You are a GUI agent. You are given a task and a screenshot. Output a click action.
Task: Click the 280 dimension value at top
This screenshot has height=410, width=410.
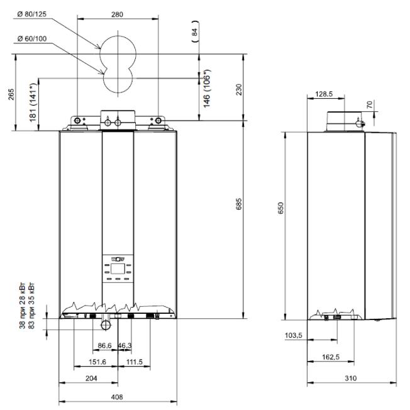click(x=117, y=14)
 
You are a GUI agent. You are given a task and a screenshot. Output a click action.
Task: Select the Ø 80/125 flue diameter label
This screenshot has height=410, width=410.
click(x=32, y=14)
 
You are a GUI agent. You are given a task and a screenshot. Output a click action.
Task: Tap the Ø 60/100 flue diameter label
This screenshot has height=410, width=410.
click(x=32, y=39)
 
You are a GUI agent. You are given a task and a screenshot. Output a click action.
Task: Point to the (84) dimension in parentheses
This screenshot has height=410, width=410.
click(x=195, y=32)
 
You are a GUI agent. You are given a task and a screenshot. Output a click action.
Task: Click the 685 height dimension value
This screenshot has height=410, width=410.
click(x=239, y=204)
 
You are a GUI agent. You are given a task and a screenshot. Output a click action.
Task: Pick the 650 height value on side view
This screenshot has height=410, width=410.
click(x=280, y=208)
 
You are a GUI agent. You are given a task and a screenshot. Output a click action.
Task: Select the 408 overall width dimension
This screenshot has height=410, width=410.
click(x=117, y=397)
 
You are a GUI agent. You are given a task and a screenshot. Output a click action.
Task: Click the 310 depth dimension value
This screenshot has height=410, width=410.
click(x=351, y=378)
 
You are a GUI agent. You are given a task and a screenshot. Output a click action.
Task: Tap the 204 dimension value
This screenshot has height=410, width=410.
click(x=91, y=378)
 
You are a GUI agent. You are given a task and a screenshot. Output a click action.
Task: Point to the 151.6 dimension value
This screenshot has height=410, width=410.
click(x=97, y=362)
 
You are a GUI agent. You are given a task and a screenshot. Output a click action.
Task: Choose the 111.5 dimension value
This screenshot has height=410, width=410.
click(x=135, y=362)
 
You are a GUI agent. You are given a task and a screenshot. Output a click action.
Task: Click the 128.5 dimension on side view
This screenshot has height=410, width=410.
click(x=324, y=94)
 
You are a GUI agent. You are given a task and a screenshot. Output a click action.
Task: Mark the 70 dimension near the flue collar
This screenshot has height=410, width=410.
click(x=369, y=104)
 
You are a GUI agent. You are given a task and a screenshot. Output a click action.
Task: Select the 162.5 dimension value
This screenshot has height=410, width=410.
click(x=331, y=357)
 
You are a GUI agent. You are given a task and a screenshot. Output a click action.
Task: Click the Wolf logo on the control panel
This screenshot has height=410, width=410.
click(x=118, y=259)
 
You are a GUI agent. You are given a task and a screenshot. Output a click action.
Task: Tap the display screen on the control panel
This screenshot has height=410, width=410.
click(x=118, y=269)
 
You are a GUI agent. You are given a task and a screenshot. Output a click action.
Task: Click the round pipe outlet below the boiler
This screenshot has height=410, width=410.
click(x=106, y=325)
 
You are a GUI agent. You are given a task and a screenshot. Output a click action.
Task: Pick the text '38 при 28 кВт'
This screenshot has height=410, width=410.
click(x=23, y=306)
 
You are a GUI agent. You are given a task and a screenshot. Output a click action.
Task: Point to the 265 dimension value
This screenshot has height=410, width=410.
click(x=11, y=94)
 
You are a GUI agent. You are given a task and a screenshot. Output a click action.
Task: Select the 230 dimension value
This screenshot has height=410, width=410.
click(x=239, y=90)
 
